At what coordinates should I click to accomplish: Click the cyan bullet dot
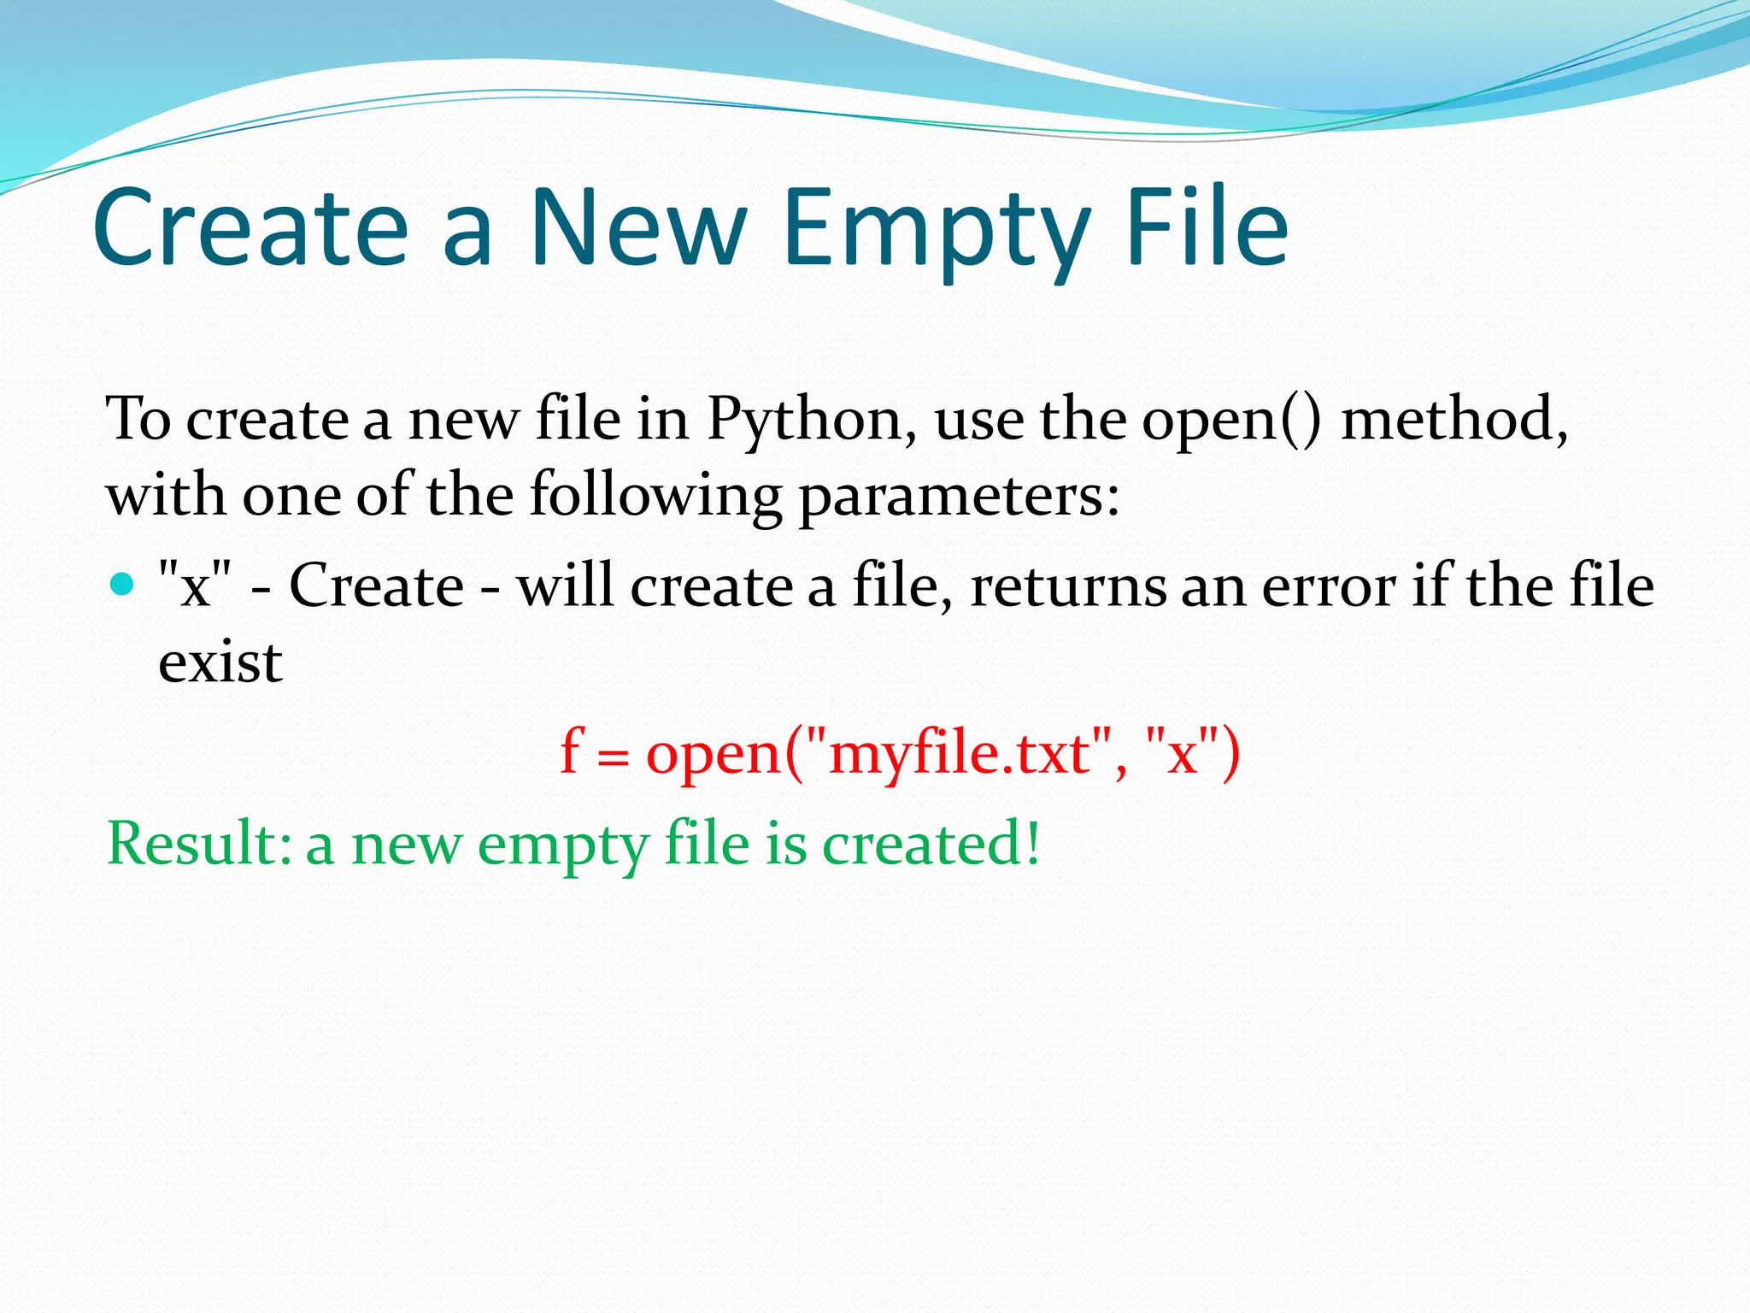click(123, 585)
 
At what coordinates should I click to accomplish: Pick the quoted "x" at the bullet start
click(196, 586)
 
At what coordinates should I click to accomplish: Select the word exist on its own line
click(220, 662)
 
